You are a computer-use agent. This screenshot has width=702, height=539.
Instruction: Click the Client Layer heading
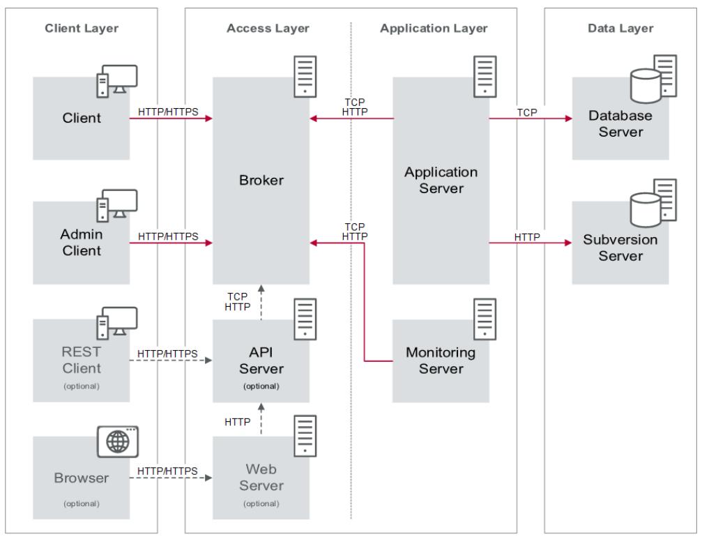[82, 29]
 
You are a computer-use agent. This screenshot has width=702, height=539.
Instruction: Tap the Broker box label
[261, 180]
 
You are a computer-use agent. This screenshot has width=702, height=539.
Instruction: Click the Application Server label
[441, 179]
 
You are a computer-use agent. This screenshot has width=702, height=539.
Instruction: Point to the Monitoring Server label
[441, 360]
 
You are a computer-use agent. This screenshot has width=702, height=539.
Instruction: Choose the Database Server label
[616, 123]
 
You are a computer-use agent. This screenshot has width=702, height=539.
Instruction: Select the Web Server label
[260, 476]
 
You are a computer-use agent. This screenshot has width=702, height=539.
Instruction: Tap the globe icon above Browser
[116, 442]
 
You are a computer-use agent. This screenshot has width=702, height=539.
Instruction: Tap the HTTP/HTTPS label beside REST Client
[168, 354]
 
